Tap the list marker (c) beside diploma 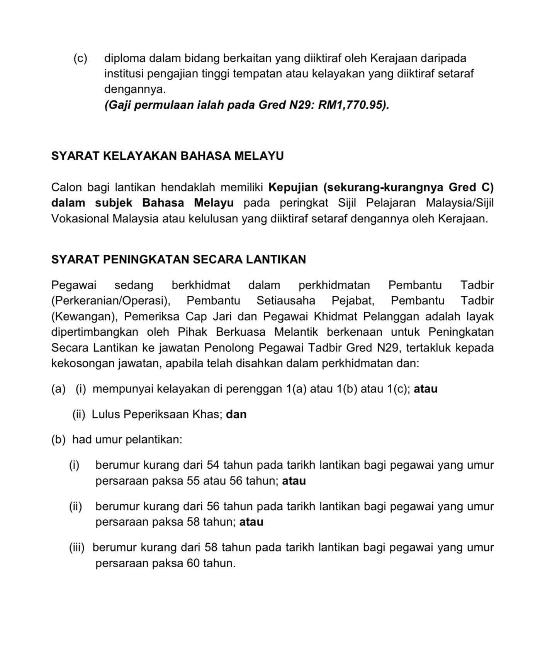click(x=80, y=58)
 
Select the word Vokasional click(x=80, y=219)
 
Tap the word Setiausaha click(x=286, y=301)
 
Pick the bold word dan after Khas click(x=236, y=415)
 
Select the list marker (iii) click(x=77, y=548)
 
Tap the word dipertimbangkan click(x=95, y=332)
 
